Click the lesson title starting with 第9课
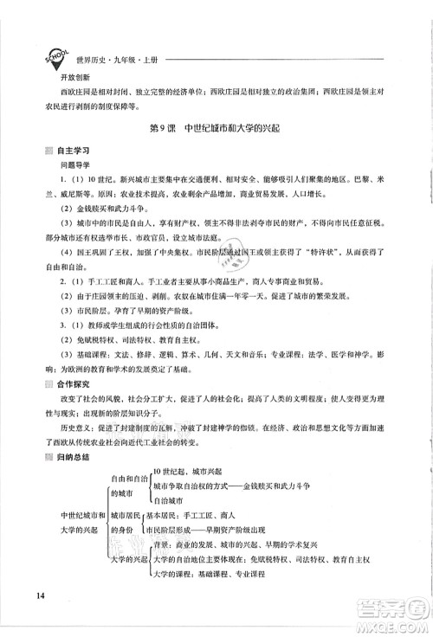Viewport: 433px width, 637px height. point(216,129)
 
